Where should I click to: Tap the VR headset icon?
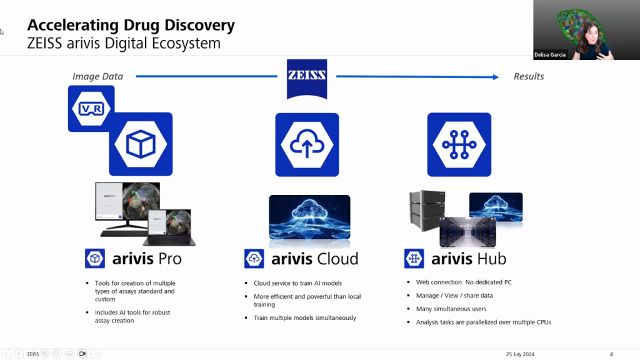pos(91,108)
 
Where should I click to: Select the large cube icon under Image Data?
pos(141,144)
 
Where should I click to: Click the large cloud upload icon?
pos(307,144)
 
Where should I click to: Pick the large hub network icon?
pos(459,144)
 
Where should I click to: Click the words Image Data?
pos(97,76)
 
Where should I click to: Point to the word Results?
pos(529,76)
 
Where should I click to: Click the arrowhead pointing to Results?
pos(495,77)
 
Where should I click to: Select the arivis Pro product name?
pos(147,259)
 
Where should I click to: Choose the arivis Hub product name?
pos(468,259)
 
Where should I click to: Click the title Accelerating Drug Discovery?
pos(131,26)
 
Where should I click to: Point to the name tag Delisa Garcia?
pos(550,55)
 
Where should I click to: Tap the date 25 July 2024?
pos(520,354)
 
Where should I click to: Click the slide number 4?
pos(611,354)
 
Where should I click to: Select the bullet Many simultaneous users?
pos(451,309)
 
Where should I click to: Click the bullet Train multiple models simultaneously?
pos(304,317)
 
